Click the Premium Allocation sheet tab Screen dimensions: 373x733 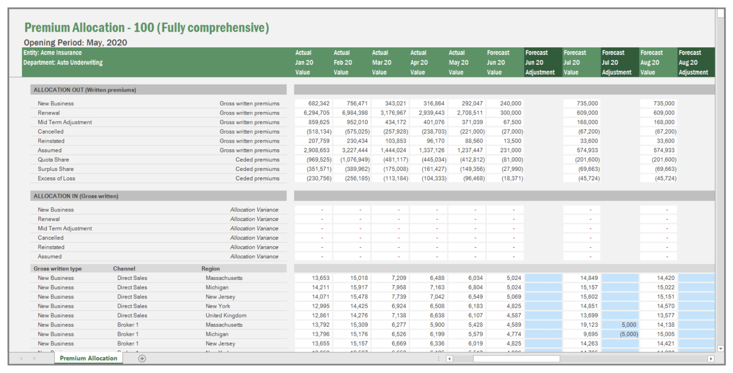[x=88, y=358]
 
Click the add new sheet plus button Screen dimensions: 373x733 [x=142, y=358]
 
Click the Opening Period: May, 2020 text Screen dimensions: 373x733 [x=75, y=43]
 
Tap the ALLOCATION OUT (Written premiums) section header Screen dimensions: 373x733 [x=85, y=90]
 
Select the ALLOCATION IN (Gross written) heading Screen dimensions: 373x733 [x=76, y=196]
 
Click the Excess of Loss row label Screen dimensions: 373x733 [x=56, y=178]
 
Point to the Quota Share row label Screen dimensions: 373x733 [x=53, y=160]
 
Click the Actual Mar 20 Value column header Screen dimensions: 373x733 [x=382, y=63]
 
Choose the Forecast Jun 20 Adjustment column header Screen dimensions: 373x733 [x=539, y=63]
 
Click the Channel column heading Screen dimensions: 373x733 [x=124, y=269]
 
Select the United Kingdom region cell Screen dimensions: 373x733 [x=226, y=316]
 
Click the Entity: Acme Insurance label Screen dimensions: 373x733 [x=53, y=53]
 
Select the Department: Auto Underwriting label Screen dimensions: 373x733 [x=63, y=63]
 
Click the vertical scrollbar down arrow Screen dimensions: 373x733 [x=720, y=348]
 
